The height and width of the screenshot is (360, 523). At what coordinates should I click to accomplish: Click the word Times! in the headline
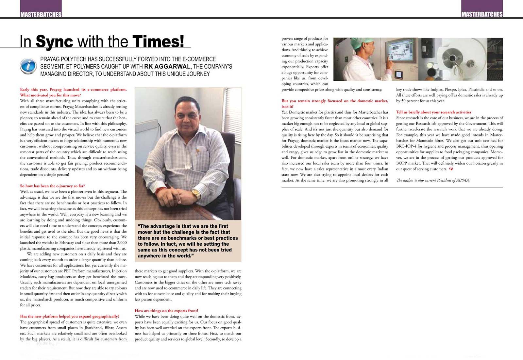point(159,41)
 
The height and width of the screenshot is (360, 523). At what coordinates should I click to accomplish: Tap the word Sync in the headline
point(54,41)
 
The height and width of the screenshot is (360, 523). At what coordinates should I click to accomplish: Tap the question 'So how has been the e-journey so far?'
point(52,186)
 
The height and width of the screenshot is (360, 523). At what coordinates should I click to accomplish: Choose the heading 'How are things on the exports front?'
point(166,311)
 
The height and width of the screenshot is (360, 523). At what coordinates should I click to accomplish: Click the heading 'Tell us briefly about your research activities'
point(434,112)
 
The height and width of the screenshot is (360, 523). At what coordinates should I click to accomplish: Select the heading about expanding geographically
point(70,316)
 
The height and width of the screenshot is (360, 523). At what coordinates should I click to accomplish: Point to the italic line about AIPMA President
point(433,180)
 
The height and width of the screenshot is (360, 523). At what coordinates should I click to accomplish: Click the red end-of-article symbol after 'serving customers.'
point(451,169)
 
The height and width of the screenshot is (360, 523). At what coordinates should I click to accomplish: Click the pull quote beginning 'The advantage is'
point(188,241)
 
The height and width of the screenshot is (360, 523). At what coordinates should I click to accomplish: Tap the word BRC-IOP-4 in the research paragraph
point(407,146)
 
